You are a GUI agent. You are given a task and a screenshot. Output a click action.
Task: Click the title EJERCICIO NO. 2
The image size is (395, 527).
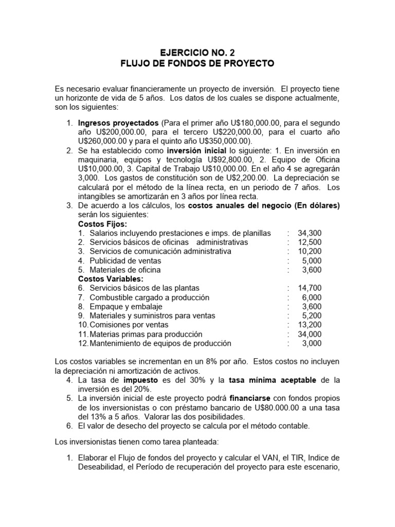[x=197, y=52]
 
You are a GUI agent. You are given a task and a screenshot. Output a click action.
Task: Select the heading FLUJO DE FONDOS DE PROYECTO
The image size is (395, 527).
[x=197, y=64]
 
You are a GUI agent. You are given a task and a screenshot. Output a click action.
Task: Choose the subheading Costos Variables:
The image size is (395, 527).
[x=110, y=279]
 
